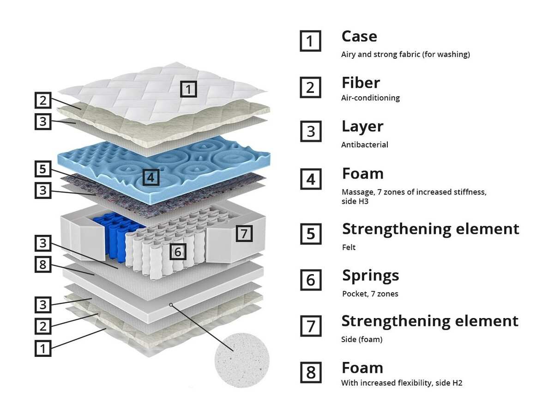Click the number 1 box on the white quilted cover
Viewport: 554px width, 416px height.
(x=188, y=88)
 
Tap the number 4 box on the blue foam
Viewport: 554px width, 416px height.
(x=151, y=177)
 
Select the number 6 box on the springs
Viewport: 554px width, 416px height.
(x=178, y=251)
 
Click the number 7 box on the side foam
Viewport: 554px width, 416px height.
(x=244, y=233)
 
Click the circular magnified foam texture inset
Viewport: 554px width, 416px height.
(x=242, y=359)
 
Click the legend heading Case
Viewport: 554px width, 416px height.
(x=359, y=36)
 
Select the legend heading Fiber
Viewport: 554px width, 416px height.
(x=361, y=83)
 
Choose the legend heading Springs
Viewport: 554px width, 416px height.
(x=370, y=275)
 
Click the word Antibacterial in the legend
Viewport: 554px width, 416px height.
(x=364, y=145)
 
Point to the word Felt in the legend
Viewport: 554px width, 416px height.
(x=349, y=247)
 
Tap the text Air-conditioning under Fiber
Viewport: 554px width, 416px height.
(x=370, y=98)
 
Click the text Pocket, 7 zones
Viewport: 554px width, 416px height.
(x=370, y=294)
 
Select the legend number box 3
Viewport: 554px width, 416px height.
(x=311, y=132)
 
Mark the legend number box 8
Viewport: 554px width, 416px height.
(x=311, y=373)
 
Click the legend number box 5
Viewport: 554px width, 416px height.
(x=311, y=234)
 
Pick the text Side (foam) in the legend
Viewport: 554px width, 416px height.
(x=361, y=340)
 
